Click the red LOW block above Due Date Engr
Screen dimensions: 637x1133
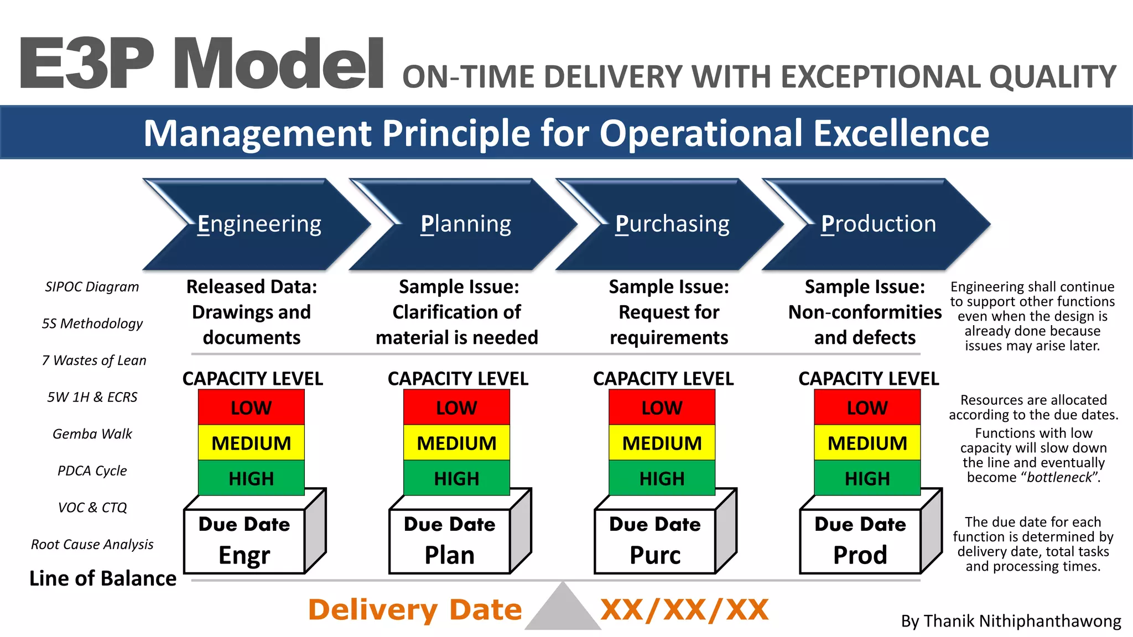(251, 408)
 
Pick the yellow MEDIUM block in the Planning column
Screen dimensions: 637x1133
(456, 443)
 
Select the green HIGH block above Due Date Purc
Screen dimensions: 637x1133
(662, 478)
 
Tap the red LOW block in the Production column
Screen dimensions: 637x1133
(867, 408)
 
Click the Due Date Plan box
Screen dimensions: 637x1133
(449, 541)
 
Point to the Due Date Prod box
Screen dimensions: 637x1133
(860, 541)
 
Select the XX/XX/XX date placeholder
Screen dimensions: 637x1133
(684, 610)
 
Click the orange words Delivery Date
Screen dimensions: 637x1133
(415, 610)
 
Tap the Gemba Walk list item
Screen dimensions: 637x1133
(92, 434)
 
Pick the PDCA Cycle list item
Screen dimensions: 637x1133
(92, 471)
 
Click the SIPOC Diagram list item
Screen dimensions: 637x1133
(92, 287)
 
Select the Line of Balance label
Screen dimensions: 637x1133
(103, 578)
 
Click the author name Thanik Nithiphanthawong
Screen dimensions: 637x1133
(1011, 621)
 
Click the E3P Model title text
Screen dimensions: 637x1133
(202, 64)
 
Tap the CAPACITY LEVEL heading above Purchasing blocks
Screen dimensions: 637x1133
(663, 379)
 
